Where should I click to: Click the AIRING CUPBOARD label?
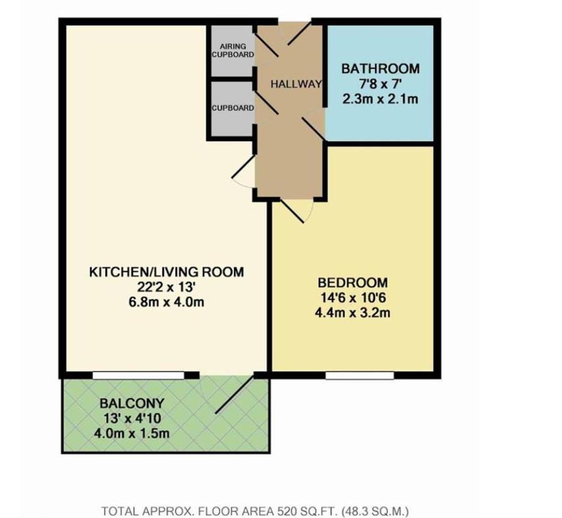233,51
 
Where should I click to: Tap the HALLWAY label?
296,84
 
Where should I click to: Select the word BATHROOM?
380,68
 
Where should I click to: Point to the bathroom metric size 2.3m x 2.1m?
380,99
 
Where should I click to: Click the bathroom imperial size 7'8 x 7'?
380,84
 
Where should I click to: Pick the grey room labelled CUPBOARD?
233,109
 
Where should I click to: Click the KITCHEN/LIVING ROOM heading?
166,272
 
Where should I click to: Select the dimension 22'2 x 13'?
166,287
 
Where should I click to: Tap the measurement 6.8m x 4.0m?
166,302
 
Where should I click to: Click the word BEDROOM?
352,283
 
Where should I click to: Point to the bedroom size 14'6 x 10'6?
352,298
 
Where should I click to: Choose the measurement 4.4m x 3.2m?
352,313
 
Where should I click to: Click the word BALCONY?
132,403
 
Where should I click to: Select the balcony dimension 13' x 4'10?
132,419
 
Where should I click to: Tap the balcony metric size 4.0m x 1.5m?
132,434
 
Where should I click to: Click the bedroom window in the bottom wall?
360,376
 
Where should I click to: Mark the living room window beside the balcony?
138,376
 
